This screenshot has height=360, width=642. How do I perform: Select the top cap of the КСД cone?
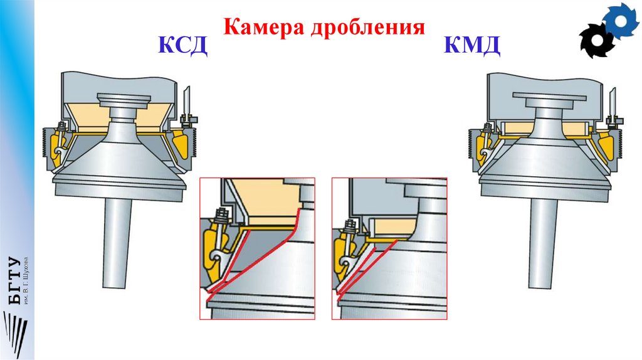(124, 99)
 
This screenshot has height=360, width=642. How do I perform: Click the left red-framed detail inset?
(257, 248)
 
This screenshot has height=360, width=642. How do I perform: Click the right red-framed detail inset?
(389, 248)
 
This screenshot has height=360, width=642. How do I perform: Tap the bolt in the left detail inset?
(221, 216)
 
